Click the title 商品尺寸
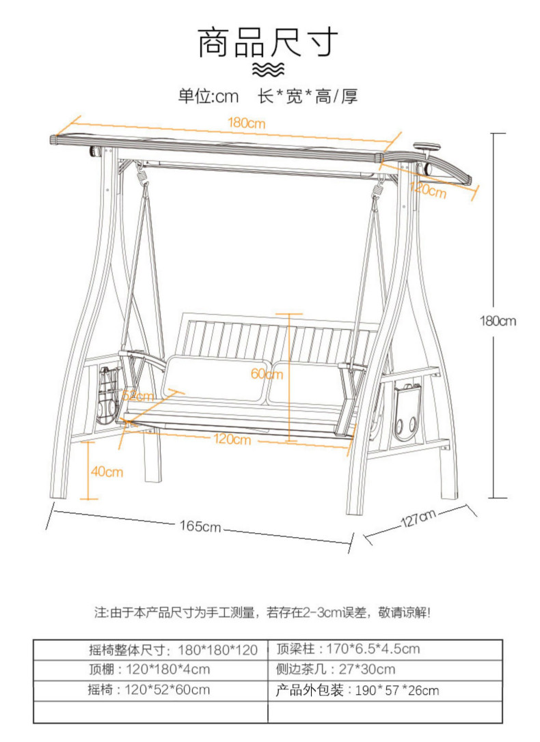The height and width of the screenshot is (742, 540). pos(268,42)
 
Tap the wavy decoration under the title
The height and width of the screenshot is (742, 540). pos(268,70)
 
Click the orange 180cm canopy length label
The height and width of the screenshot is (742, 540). pos(246,124)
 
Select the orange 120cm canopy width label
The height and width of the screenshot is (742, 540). pos(428,189)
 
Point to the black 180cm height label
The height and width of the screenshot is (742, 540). pos(498,321)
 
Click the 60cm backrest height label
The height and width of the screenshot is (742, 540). pos(267,374)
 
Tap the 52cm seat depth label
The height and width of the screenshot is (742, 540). pos(138,395)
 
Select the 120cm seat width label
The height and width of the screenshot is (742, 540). pos(232,439)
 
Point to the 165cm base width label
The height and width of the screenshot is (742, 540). pos(200,526)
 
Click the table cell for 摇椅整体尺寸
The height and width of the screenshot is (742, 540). pos(150,651)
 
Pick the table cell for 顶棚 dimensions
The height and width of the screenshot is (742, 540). pos(150,670)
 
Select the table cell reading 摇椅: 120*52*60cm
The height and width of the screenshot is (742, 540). pos(150,690)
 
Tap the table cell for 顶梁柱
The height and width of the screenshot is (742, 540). pos(385,650)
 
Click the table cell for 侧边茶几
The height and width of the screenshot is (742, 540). pos(385,670)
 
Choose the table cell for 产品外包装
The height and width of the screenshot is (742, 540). pos(385,690)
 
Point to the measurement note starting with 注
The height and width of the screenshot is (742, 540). pos(262,613)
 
